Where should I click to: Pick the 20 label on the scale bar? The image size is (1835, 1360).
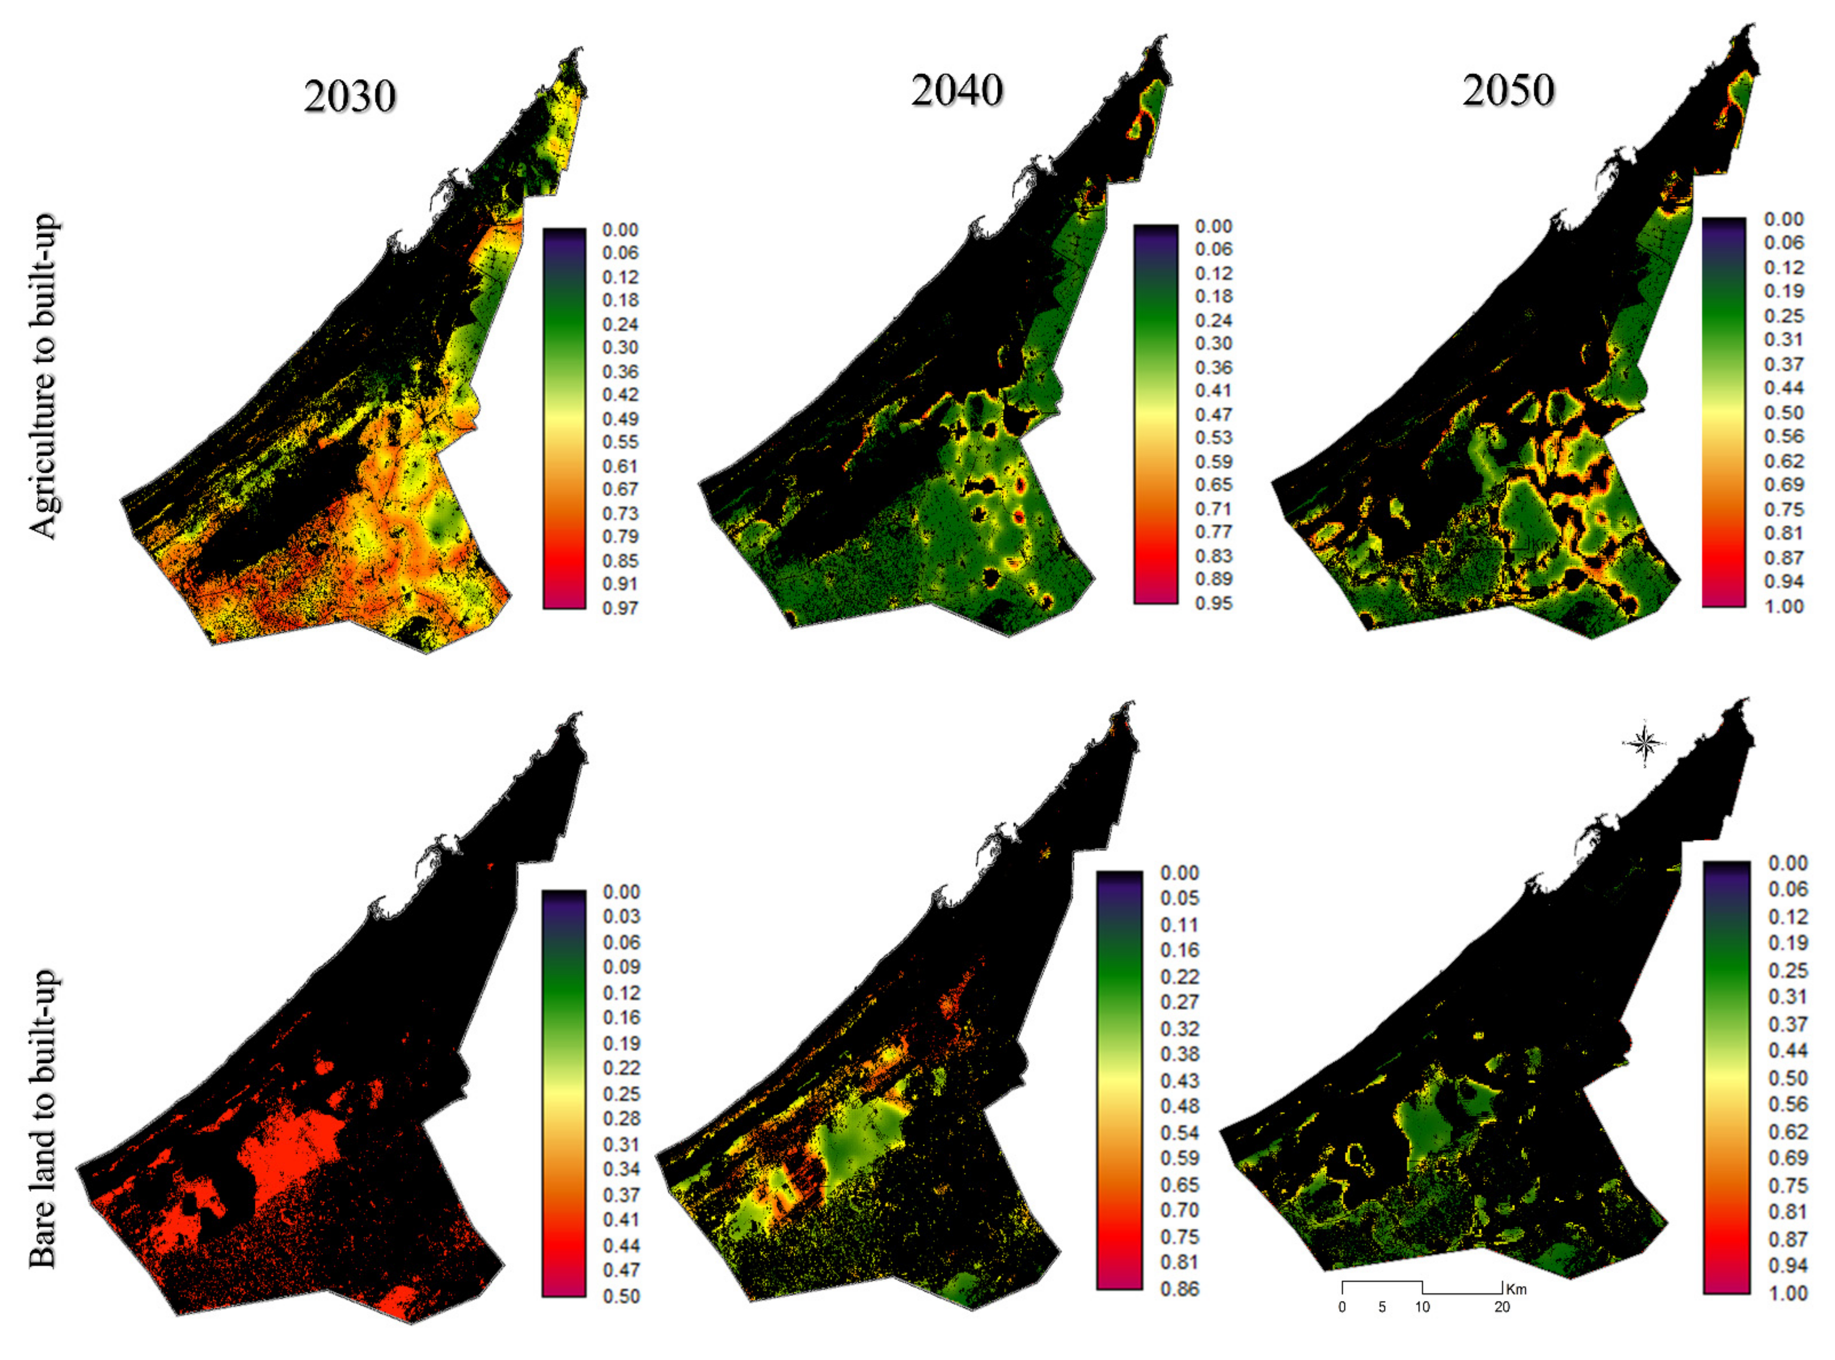pos(1502,1306)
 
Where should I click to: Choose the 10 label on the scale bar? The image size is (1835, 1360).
pos(1423,1306)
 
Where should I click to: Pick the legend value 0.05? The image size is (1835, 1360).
pos(1180,898)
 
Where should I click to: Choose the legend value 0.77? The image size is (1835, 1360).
pos(1213,532)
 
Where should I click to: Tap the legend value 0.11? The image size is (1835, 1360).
pos(1180,925)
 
